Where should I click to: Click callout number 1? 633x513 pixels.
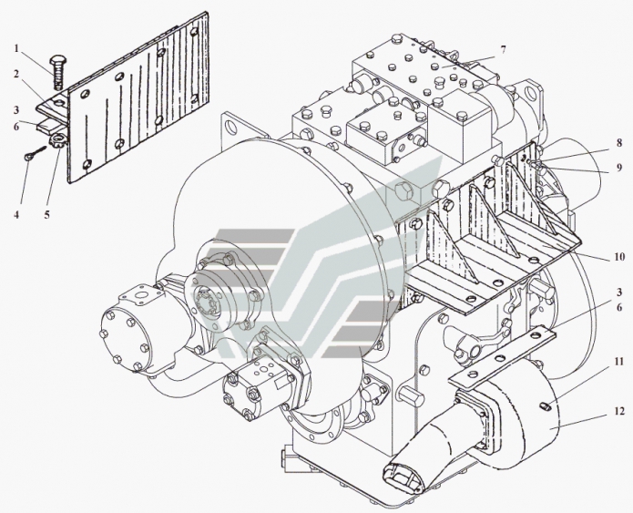(16, 49)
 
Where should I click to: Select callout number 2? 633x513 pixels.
(16, 75)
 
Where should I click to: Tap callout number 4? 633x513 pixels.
(16, 214)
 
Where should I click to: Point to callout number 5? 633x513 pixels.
(47, 214)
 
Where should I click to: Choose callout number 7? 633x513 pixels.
(503, 50)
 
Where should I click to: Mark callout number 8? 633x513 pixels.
(618, 142)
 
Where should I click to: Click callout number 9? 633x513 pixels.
(618, 167)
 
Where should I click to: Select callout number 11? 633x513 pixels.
(618, 362)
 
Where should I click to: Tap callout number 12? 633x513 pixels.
(619, 411)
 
